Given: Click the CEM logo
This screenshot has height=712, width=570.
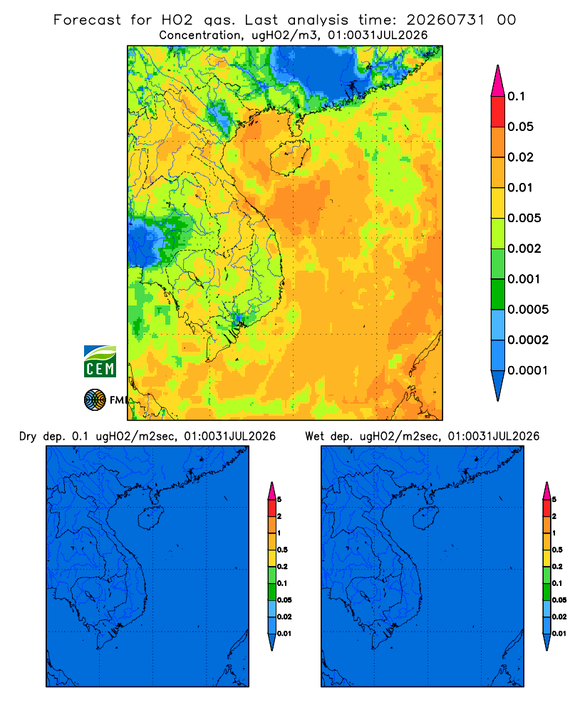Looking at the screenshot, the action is tap(100, 361).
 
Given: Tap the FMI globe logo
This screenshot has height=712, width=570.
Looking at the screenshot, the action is tap(95, 400).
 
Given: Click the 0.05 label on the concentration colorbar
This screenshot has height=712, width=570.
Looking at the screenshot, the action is tap(520, 127).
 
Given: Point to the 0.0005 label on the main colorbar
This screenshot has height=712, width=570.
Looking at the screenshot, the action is tap(528, 310).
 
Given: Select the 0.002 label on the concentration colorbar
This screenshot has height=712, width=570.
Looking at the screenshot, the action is tap(524, 248).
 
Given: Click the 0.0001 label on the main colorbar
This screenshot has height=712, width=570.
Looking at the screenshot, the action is tap(528, 370).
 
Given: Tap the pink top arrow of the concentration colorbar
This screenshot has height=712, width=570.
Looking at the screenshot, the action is tap(498, 80).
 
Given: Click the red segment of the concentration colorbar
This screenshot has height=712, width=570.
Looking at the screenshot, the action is tap(498, 112).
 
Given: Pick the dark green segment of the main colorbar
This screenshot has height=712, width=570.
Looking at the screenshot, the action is tap(498, 294).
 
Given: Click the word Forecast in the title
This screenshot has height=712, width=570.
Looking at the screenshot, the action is tap(87, 20).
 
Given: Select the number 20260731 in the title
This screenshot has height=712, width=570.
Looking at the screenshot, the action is tap(445, 20).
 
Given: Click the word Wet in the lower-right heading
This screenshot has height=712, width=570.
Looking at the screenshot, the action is tap(314, 436).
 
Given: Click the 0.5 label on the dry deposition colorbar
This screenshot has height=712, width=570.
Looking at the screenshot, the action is tap(282, 550).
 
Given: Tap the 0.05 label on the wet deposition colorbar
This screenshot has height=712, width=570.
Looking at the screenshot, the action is tap(559, 600).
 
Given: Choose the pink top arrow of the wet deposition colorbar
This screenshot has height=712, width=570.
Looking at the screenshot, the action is tap(546, 491).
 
